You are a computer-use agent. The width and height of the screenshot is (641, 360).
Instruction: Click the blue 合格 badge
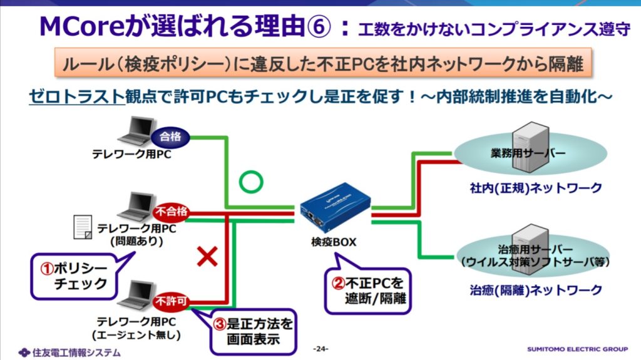pos(170,135)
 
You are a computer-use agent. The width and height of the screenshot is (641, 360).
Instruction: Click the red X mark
pos(207,255)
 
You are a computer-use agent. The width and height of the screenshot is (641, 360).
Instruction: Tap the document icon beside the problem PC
pos(83,225)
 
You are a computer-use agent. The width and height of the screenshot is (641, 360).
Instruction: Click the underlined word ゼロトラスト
pos(77,96)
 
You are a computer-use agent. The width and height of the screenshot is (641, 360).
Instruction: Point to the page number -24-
pos(320,348)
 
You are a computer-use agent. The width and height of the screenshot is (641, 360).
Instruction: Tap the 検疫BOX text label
pos(333,241)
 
